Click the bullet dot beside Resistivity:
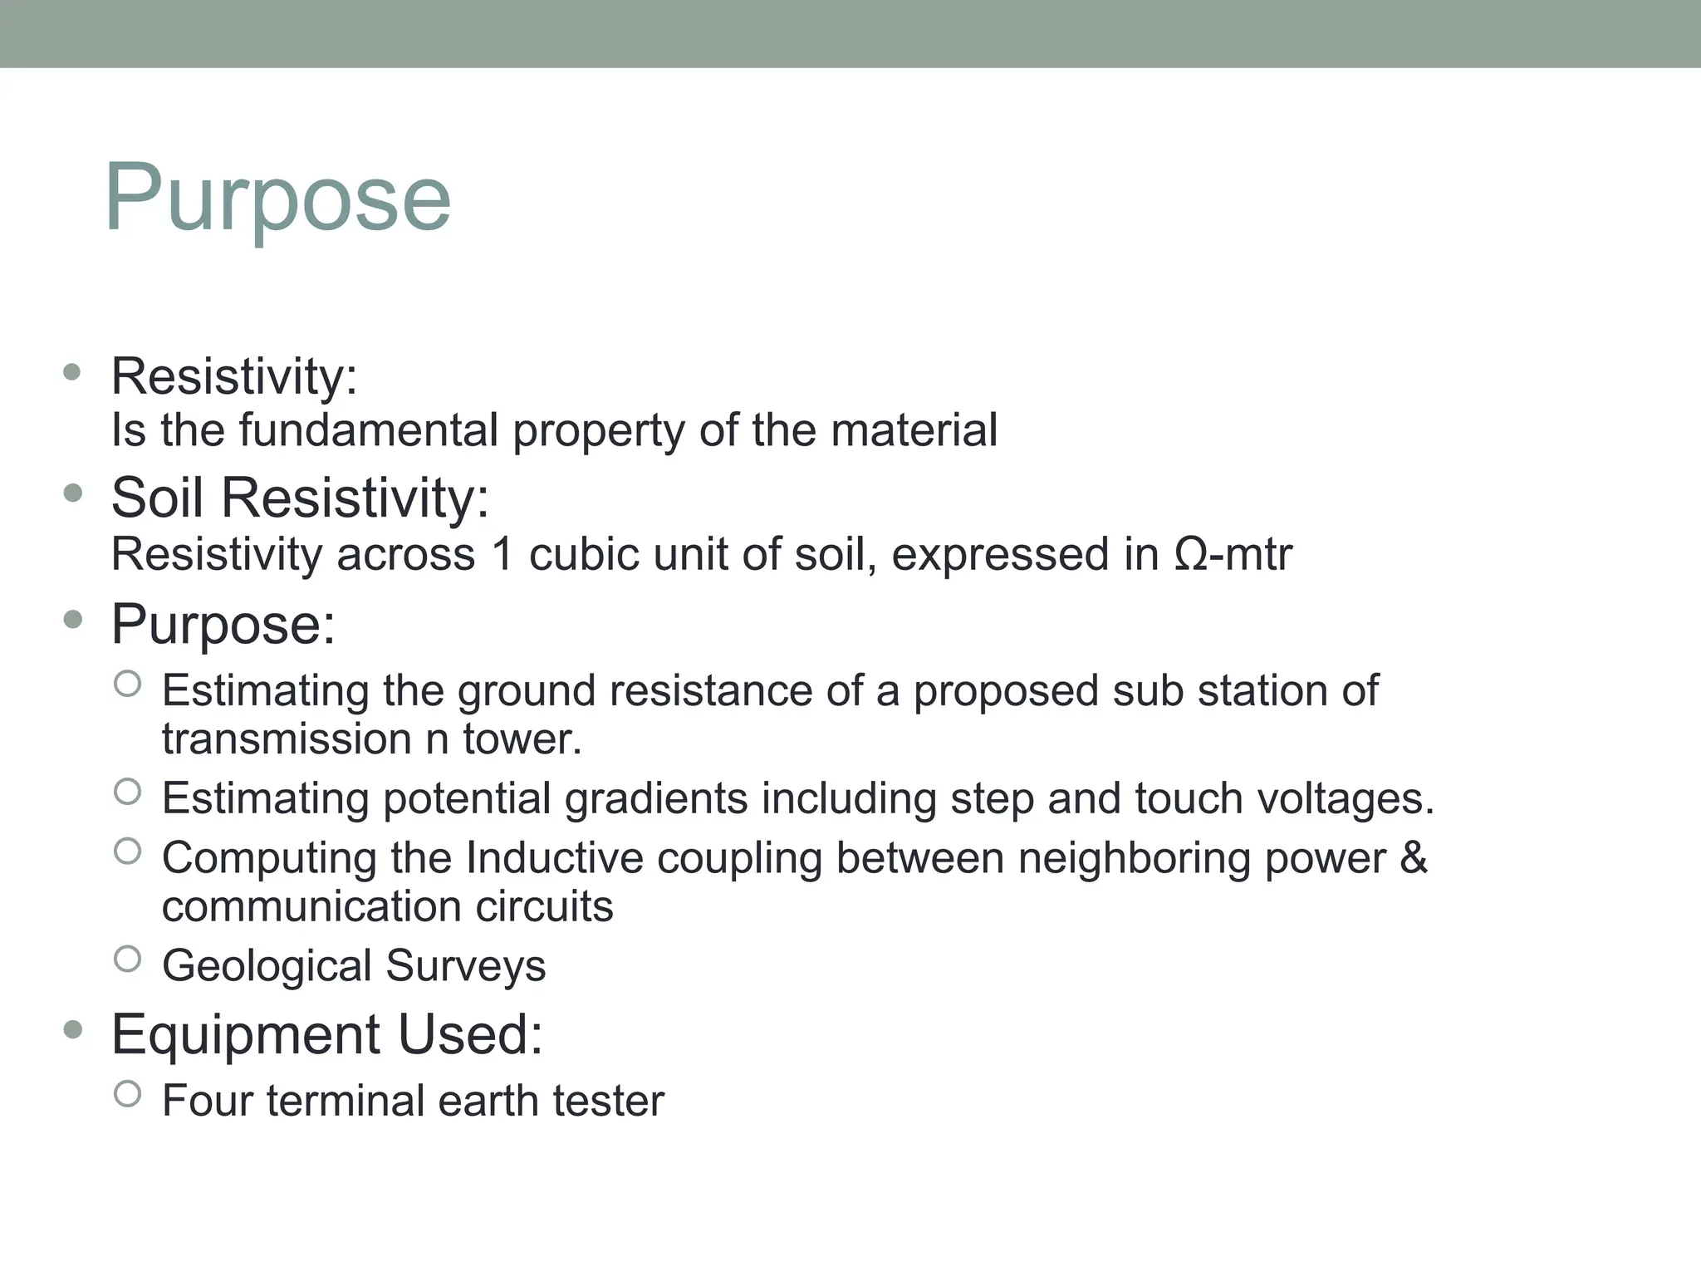(72, 372)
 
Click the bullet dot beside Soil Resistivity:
(72, 493)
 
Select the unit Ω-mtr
(1233, 554)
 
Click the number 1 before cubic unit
(502, 554)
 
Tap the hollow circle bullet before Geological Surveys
(127, 959)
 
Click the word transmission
(287, 739)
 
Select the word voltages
(1345, 798)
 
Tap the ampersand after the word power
(1413, 857)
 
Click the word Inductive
(554, 857)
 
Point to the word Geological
(267, 966)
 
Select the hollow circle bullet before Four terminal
(127, 1094)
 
